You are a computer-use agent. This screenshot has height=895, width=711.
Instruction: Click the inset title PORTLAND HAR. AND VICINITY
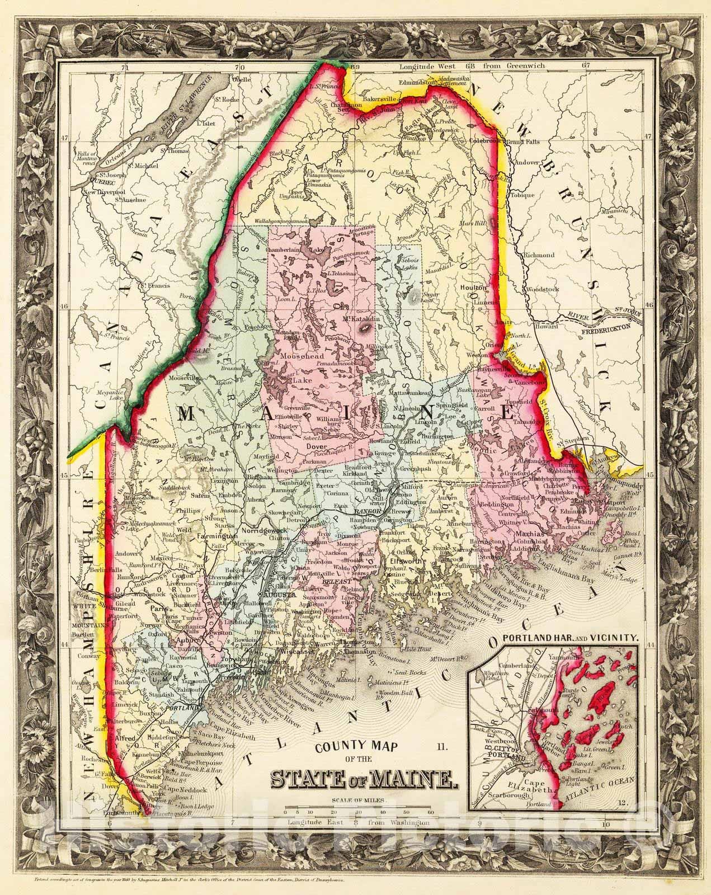tap(571, 637)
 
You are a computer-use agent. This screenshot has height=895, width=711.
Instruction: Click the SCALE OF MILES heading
tap(358, 799)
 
